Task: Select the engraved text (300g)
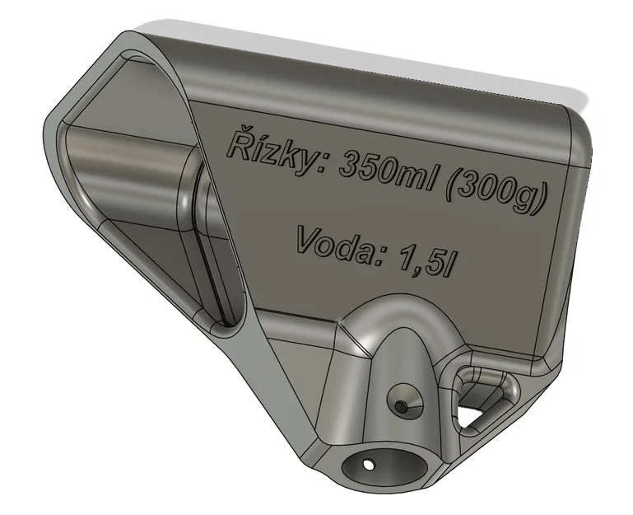pyautogui.click(x=496, y=194)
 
